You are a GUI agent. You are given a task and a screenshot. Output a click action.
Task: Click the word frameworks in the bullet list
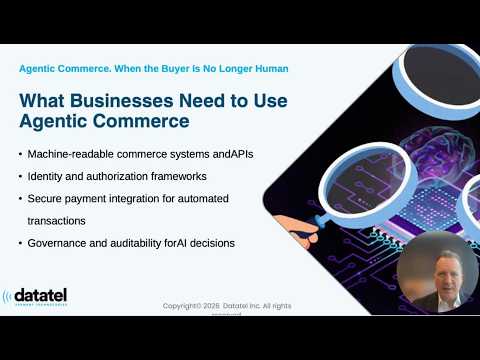[x=166, y=176]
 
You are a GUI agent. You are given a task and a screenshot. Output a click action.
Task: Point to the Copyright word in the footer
[x=187, y=305]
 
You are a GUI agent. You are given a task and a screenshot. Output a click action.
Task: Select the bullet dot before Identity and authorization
[x=22, y=177]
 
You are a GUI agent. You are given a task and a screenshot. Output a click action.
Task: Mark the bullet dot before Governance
[x=22, y=243]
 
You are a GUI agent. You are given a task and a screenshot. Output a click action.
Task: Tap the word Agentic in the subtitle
[x=40, y=68]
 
